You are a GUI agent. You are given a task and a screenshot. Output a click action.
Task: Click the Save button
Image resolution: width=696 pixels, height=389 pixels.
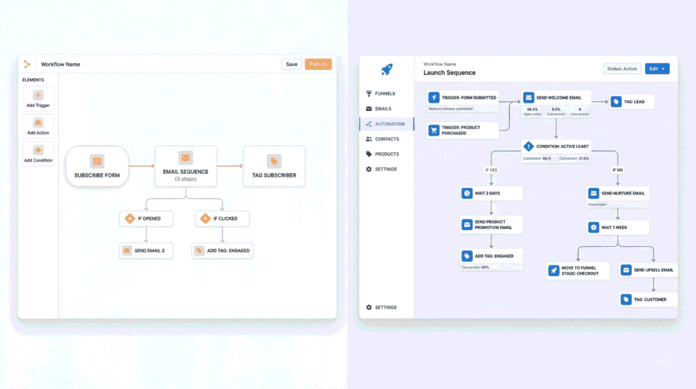[x=292, y=64]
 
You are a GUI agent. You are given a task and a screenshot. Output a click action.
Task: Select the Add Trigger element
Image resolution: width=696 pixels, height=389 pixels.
[x=38, y=99]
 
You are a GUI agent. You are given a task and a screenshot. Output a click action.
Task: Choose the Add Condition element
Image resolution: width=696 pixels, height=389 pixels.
[x=38, y=154]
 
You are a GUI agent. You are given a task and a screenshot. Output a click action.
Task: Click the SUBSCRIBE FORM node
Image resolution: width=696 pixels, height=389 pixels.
[x=97, y=167]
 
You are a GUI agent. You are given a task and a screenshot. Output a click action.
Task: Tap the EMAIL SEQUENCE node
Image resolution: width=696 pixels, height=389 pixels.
[x=186, y=167]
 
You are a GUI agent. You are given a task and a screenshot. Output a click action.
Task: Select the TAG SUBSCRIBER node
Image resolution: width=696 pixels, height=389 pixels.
[x=274, y=167]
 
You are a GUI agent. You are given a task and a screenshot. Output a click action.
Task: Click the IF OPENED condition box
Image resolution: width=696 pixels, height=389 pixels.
[x=146, y=218]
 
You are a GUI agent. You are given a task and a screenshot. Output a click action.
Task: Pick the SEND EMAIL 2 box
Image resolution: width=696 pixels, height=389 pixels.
[x=146, y=250]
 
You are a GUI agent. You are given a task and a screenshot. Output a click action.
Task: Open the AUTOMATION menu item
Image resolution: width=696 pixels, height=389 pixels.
[x=390, y=124]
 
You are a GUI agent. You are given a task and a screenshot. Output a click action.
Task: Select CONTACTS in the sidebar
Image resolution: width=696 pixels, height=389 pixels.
[x=387, y=139]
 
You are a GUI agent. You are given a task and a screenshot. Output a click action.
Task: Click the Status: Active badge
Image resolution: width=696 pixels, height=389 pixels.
[x=621, y=69]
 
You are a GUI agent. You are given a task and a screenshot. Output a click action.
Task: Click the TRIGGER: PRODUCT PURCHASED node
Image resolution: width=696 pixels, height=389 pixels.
[x=463, y=130]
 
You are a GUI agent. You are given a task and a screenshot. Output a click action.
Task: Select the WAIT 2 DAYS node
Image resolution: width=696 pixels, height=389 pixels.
[x=491, y=194]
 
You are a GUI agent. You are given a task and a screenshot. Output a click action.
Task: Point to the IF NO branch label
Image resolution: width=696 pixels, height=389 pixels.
[x=617, y=169]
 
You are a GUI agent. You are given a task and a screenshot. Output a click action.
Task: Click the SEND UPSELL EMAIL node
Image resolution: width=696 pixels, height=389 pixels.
[x=648, y=270]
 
